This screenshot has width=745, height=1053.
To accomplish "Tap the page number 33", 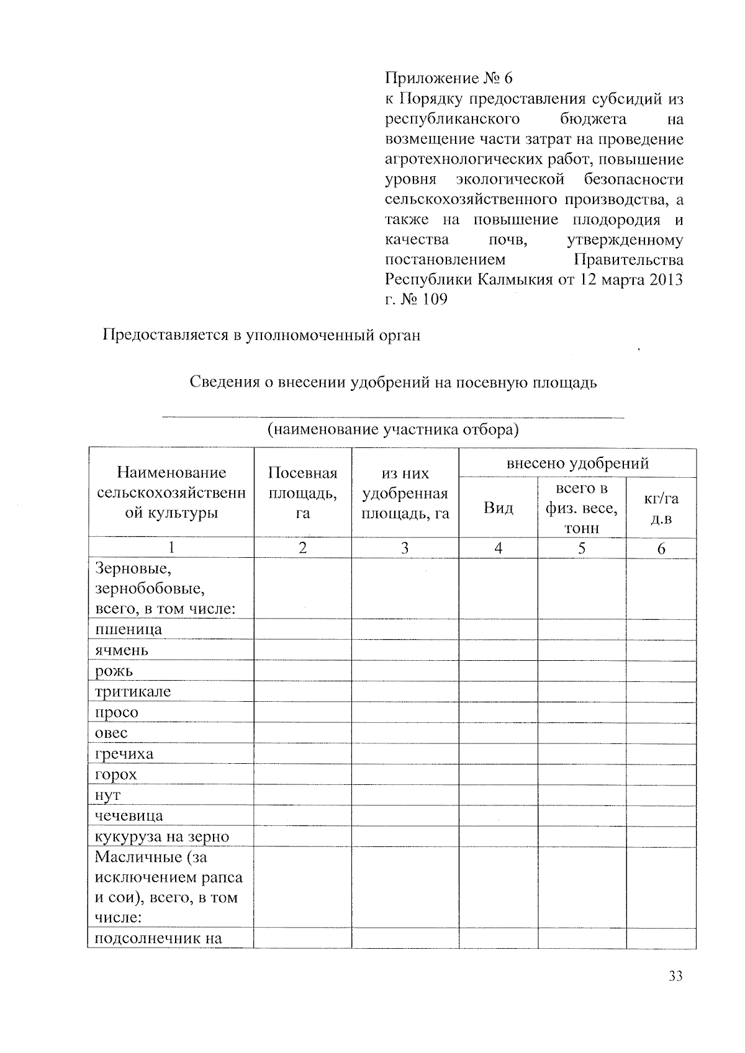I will tap(675, 976).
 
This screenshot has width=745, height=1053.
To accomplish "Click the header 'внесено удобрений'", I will tap(577, 463).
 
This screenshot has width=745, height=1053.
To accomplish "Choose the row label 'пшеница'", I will tap(129, 629).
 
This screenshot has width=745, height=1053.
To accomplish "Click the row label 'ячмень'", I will tap(122, 650).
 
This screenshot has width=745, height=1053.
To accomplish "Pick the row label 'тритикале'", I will tap(133, 691).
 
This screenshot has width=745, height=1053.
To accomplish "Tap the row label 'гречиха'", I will tap(124, 754).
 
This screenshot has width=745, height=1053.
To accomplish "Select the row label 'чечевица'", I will tap(129, 815).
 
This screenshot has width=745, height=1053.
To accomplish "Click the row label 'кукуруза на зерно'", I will tap(162, 836).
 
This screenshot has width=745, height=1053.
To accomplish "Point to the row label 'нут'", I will tap(108, 795).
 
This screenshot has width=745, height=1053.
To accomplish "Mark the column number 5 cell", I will tap(582, 548).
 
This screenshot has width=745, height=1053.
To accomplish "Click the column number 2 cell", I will tap(302, 548).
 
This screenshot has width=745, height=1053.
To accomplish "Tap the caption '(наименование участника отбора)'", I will tap(393, 429).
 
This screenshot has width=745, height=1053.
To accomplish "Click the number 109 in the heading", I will tap(434, 299).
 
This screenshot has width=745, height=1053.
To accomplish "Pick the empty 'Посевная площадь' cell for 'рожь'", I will tap(302, 671).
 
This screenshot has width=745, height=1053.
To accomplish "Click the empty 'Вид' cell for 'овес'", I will tap(499, 733).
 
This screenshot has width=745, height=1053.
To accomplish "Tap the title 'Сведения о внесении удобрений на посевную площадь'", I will tap(393, 382).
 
